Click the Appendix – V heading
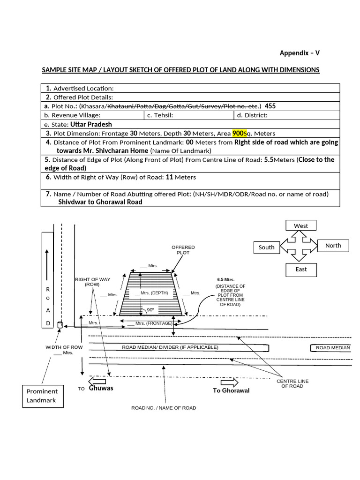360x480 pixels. tap(300, 53)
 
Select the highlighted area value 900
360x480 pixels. tap(238, 133)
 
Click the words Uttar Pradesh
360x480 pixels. tap(91, 124)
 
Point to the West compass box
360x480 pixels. tap(301, 226)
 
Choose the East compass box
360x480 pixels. tap(301, 269)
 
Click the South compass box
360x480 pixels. tap(267, 247)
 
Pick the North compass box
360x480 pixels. tap(333, 245)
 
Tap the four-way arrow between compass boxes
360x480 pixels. tap(300, 247)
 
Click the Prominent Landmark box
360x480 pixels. tap(42, 396)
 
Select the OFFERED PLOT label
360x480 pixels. tap(183, 249)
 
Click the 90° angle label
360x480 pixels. tap(150, 310)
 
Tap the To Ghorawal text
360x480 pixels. tap(231, 390)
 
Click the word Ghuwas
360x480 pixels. tap(101, 388)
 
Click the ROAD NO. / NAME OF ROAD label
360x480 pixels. tap(164, 408)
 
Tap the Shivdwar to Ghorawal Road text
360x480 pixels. tap(100, 202)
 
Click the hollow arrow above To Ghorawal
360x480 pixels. tap(230, 382)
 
